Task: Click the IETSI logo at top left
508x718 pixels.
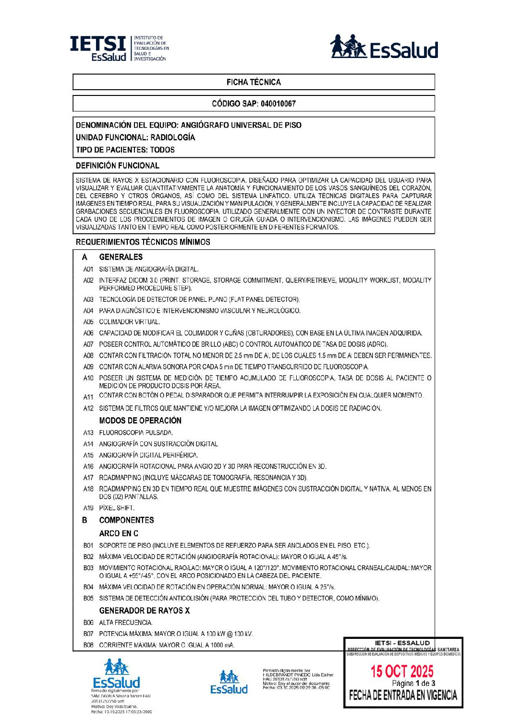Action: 119,48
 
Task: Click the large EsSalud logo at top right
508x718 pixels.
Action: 384,47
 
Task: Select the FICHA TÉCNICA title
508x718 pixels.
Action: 254,82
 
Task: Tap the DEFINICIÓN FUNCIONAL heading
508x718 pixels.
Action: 118,165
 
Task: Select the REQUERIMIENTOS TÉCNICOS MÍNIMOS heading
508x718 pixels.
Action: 143,242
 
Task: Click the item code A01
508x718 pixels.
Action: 88,270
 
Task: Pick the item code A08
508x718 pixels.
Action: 88,356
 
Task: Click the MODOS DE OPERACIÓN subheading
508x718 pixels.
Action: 140,421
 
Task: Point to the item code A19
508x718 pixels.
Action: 88,508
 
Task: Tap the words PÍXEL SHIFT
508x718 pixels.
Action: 117,508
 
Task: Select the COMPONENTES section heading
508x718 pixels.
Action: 126,520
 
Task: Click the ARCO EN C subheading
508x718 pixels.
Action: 119,533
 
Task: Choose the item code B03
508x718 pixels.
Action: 88,568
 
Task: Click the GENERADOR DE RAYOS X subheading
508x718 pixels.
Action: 144,611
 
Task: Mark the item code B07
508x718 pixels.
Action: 88,634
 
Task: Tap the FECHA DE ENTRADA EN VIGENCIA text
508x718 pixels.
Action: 403,695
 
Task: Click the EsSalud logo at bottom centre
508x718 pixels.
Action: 229,683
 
